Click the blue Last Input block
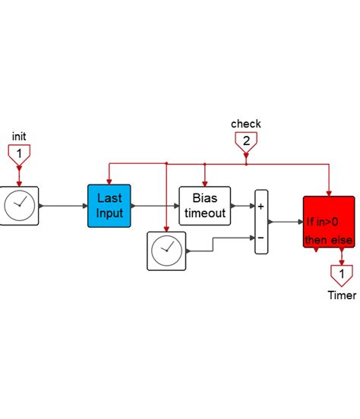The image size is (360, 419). coord(109,205)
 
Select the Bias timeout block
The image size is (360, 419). coord(204,205)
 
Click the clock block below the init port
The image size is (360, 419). coord(19,205)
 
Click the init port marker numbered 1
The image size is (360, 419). coord(19,155)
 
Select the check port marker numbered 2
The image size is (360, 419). coord(246,141)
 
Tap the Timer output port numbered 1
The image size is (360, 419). coord(341,273)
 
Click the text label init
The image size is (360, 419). coord(19,136)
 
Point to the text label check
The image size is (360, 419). coord(246,123)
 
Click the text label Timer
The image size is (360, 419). coord(341,295)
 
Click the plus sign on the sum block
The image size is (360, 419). coord(261,206)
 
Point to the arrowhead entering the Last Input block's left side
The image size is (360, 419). coord(84,205)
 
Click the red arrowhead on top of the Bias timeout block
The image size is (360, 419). coord(204,181)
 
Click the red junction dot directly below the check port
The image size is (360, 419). coord(246,162)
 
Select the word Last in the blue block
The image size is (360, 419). coord(109,197)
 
